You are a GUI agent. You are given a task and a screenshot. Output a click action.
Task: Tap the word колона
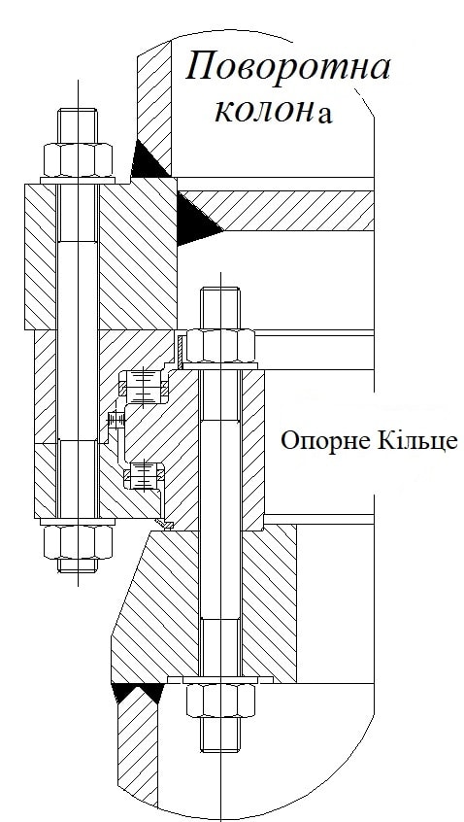(x=274, y=111)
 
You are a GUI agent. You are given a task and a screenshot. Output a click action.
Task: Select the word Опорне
(x=317, y=441)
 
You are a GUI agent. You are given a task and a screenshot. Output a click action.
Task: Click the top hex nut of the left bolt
(x=78, y=160)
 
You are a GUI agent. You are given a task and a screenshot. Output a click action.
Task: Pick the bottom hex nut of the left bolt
(x=78, y=541)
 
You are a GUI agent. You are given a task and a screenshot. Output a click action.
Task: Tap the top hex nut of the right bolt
(x=220, y=346)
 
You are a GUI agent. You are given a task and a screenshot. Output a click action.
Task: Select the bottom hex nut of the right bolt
(x=220, y=701)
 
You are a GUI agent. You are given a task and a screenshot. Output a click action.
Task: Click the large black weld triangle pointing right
(x=197, y=220)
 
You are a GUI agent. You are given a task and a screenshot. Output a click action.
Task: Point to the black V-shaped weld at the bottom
(x=137, y=692)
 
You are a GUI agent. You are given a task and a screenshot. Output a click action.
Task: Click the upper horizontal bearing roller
(x=143, y=388)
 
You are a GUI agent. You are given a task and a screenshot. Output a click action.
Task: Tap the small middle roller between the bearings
(x=116, y=419)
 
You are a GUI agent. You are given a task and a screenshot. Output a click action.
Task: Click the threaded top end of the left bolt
(x=78, y=125)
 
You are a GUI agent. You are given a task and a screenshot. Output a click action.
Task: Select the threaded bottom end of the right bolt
(x=220, y=735)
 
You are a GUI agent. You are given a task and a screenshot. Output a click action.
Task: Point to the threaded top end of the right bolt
(x=220, y=308)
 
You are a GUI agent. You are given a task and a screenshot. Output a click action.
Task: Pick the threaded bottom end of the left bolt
(x=78, y=565)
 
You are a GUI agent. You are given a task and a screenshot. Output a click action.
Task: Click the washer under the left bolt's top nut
(x=78, y=181)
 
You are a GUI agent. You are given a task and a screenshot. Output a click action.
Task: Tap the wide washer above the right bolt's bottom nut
(x=220, y=680)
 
